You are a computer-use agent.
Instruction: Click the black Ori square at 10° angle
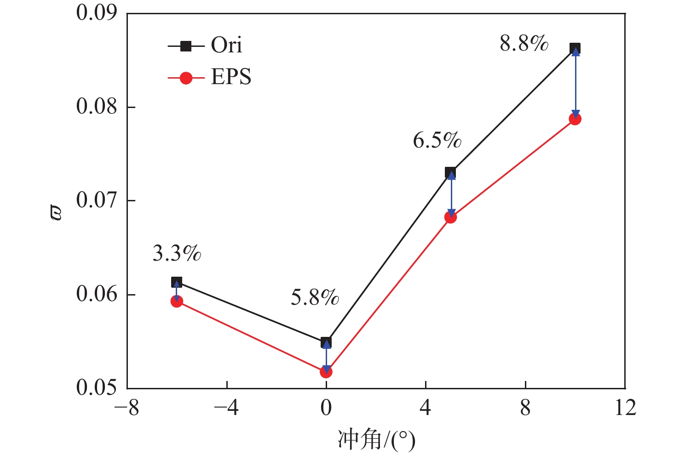click(x=575, y=48)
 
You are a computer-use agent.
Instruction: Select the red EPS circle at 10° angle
click(x=575, y=119)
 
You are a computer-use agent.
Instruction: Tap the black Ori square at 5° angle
click(x=450, y=173)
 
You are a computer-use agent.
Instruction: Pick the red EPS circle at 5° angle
click(x=450, y=217)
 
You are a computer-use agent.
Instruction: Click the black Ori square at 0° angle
click(x=326, y=342)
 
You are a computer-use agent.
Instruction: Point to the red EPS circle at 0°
click(x=326, y=372)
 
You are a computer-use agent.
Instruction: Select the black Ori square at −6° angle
click(x=177, y=282)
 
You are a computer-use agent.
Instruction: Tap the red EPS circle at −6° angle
click(x=177, y=301)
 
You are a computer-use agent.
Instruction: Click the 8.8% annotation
click(x=524, y=44)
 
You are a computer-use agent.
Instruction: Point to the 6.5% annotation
click(x=437, y=140)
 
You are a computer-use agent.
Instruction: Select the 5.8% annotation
click(x=315, y=298)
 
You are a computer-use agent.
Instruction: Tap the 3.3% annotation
click(x=177, y=253)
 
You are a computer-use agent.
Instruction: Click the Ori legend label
click(x=226, y=45)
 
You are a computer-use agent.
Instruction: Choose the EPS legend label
click(x=231, y=77)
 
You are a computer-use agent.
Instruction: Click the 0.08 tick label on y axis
click(x=97, y=107)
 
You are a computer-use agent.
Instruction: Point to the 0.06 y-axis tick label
click(x=97, y=294)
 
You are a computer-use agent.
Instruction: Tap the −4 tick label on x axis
click(x=226, y=408)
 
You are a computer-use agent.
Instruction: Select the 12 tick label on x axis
click(x=625, y=408)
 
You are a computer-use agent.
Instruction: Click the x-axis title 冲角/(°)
click(x=376, y=440)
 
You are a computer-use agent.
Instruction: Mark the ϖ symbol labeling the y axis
click(x=56, y=213)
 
